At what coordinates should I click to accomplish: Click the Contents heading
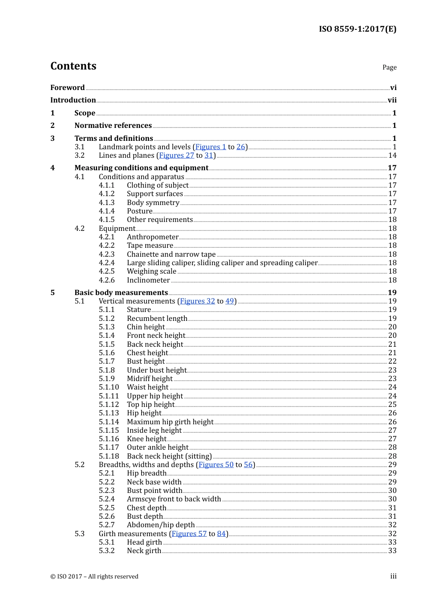(73, 66)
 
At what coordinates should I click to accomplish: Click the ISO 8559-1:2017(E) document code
(357, 29)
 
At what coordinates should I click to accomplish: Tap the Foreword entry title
(67, 88)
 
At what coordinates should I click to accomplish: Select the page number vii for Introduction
(392, 100)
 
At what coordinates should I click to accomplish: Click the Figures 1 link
(211, 147)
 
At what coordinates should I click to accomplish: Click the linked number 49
(229, 301)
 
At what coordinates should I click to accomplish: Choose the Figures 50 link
(216, 465)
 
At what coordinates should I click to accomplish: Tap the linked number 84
(221, 534)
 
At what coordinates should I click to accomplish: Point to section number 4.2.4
(106, 263)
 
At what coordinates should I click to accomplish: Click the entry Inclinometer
(148, 280)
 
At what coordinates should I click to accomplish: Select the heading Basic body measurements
(121, 293)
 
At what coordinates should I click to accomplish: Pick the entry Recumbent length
(157, 319)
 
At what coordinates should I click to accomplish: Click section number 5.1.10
(109, 387)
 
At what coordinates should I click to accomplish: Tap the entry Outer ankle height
(158, 447)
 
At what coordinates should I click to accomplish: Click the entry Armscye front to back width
(174, 499)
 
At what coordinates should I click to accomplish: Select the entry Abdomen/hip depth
(161, 525)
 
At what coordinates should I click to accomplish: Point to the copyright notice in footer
(94, 577)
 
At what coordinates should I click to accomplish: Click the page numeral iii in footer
(393, 576)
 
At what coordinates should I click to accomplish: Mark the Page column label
(389, 67)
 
